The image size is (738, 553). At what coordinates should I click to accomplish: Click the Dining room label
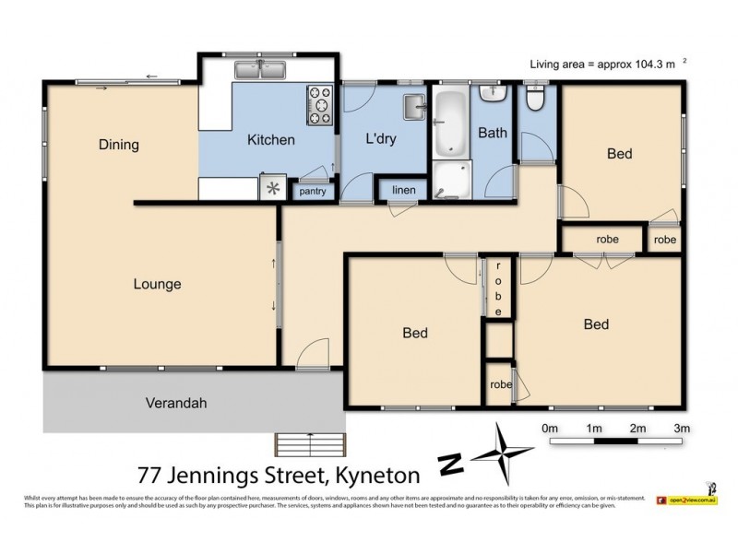point(119,145)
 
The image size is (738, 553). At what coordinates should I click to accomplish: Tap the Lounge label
point(157,285)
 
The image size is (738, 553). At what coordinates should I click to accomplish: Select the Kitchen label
point(270,140)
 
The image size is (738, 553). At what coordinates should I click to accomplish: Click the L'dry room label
point(381,140)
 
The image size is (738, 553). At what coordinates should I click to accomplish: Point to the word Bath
point(492,133)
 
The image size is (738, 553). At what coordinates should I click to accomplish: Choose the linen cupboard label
point(404,191)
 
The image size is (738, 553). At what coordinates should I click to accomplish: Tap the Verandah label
point(175,403)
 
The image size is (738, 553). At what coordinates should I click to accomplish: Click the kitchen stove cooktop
point(319,104)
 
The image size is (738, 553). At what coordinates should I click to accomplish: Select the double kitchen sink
point(259,70)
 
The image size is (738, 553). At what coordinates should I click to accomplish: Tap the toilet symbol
point(535,98)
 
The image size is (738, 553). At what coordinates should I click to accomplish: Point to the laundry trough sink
point(414,107)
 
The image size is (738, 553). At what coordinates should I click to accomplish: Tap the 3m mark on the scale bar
point(682,429)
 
